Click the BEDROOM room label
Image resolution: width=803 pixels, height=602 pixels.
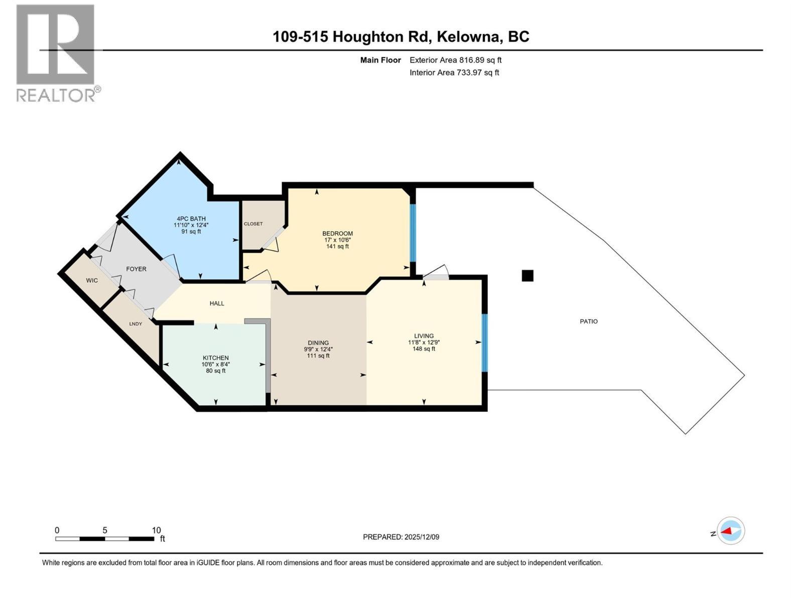coord(337,233)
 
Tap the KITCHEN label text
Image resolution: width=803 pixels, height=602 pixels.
coord(216,358)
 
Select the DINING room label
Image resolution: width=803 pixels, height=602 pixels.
coord(318,343)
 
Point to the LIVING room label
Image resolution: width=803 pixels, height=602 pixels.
coord(424,336)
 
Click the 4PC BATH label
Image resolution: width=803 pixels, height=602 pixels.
coord(191,219)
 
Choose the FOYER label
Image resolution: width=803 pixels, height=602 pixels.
coord(136,269)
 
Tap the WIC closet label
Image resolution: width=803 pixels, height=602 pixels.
coord(92,280)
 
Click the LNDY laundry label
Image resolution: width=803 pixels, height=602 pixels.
coord(136,324)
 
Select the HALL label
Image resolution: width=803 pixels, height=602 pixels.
coord(217,304)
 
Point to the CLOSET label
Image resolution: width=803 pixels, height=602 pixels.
coord(253,224)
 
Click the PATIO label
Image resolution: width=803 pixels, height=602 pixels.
coord(589,322)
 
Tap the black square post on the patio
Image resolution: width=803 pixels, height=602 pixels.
coord(527,275)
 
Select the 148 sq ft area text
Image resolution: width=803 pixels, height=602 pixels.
coord(424,349)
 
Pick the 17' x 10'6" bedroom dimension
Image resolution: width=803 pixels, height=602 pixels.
coord(337,240)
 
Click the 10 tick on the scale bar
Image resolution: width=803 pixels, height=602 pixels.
coord(156,530)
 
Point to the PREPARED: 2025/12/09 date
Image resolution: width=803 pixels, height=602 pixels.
coord(401,537)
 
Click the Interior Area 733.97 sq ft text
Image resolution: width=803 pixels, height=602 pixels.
coord(454,72)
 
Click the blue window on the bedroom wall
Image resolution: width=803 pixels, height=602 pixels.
coord(413,233)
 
